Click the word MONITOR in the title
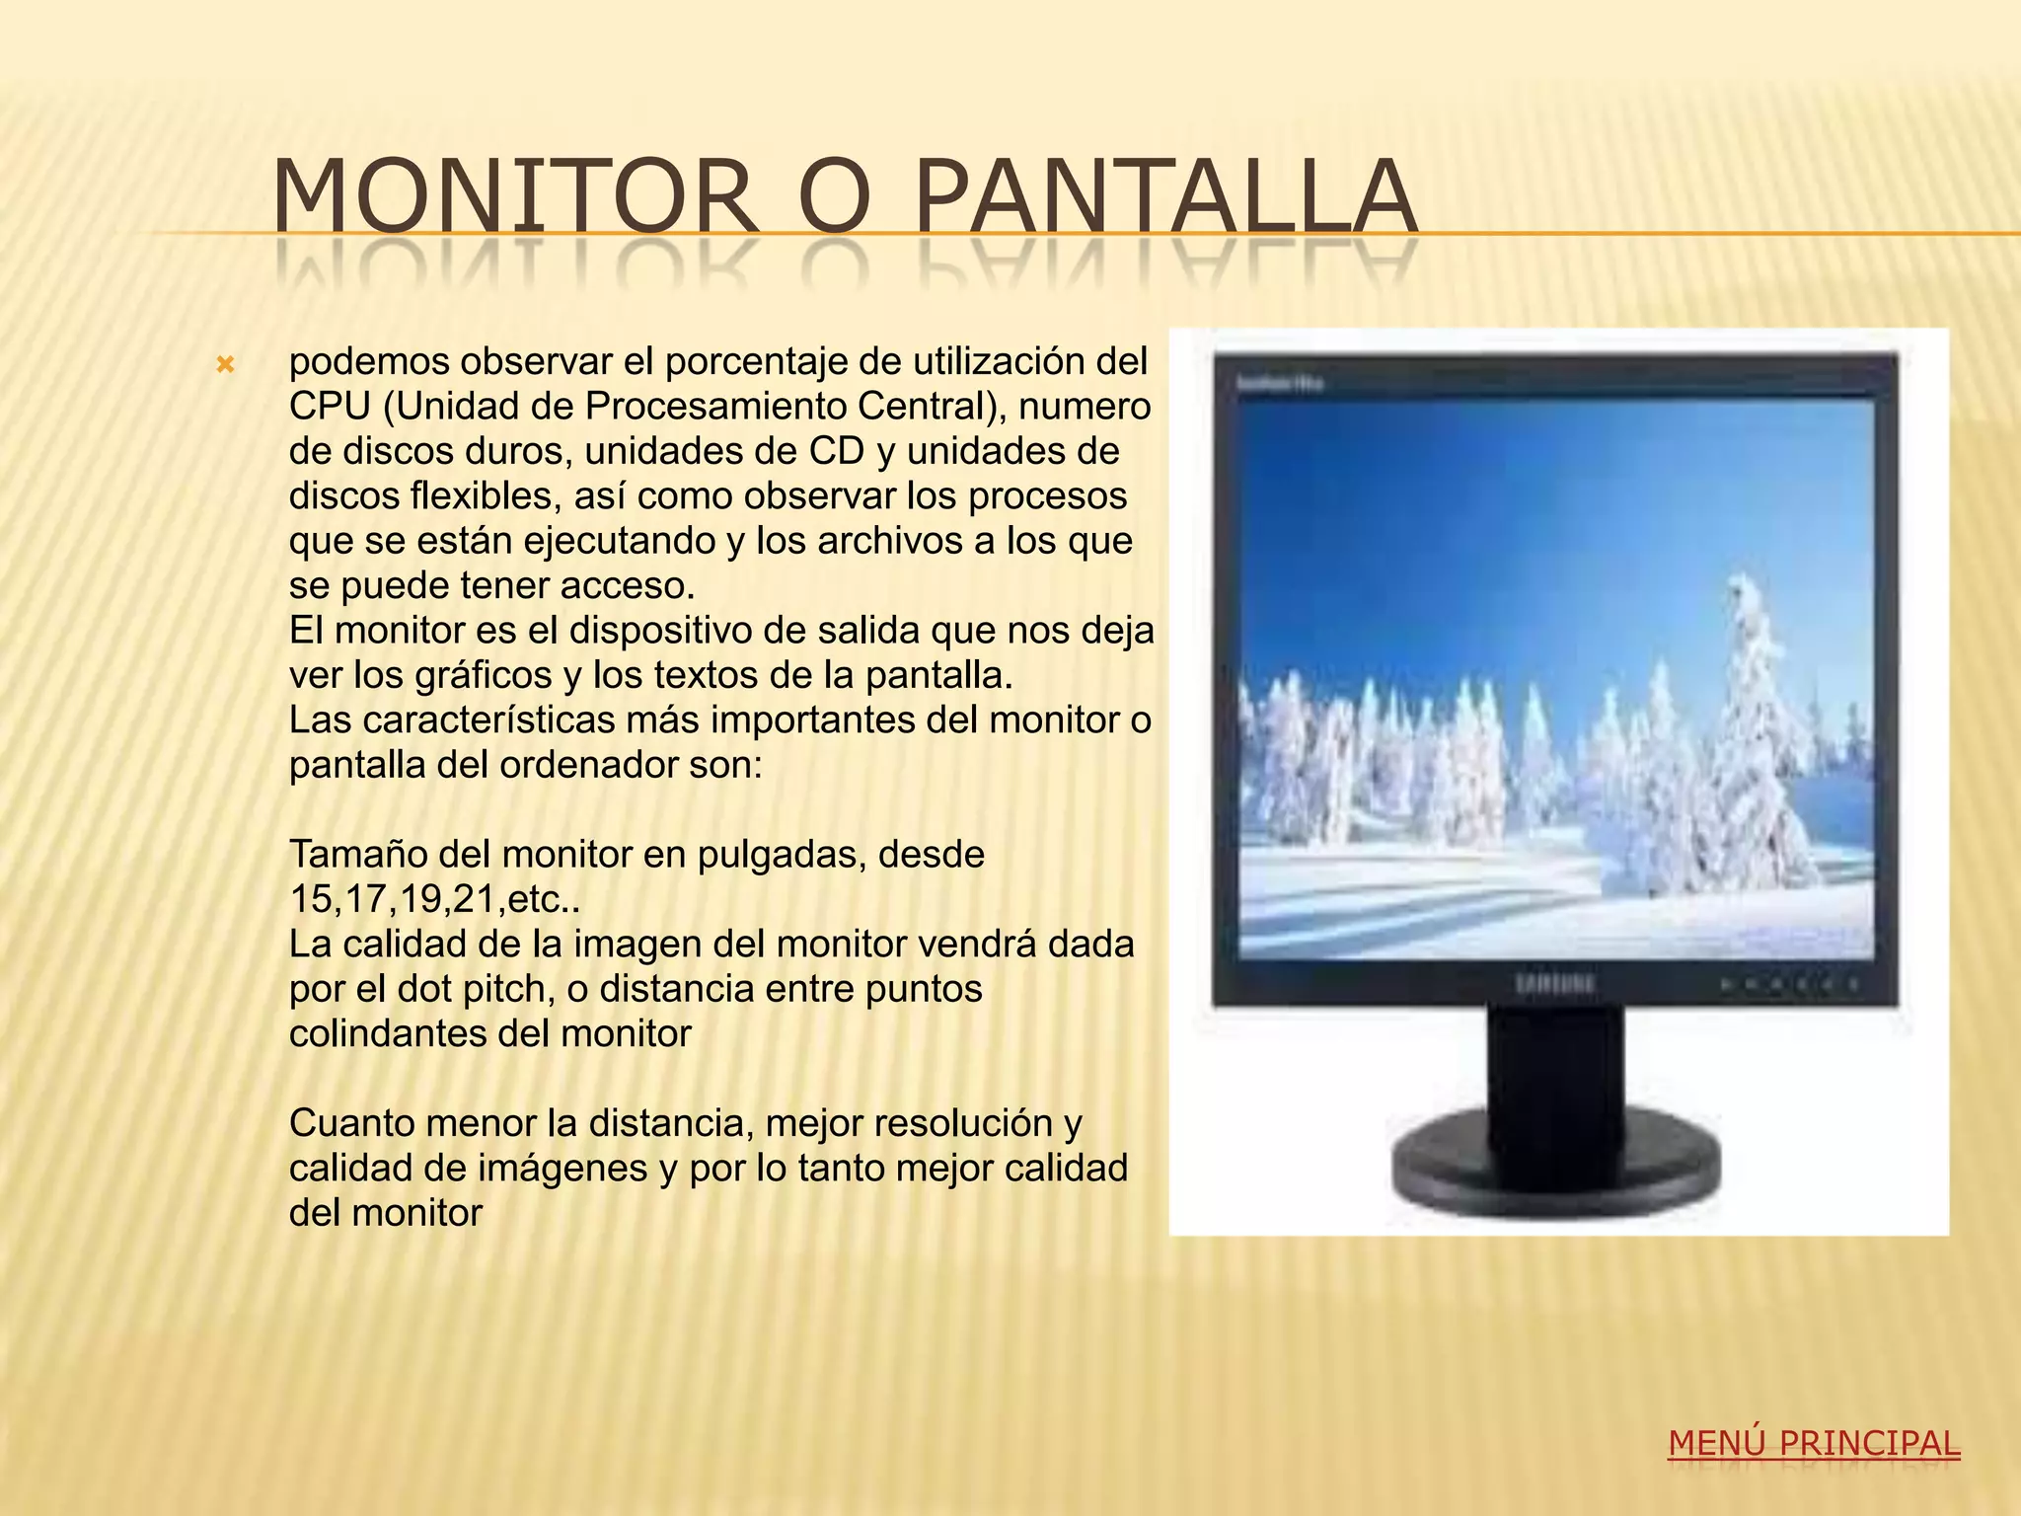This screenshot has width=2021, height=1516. pyautogui.click(x=513, y=197)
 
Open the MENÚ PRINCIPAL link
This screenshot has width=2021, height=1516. pyautogui.click(x=1814, y=1444)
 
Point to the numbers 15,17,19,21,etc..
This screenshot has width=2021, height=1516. pyautogui.click(x=434, y=900)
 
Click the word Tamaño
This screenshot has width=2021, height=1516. pyautogui.click(x=357, y=855)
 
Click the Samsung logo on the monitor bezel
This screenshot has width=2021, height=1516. pyautogui.click(x=1554, y=984)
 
